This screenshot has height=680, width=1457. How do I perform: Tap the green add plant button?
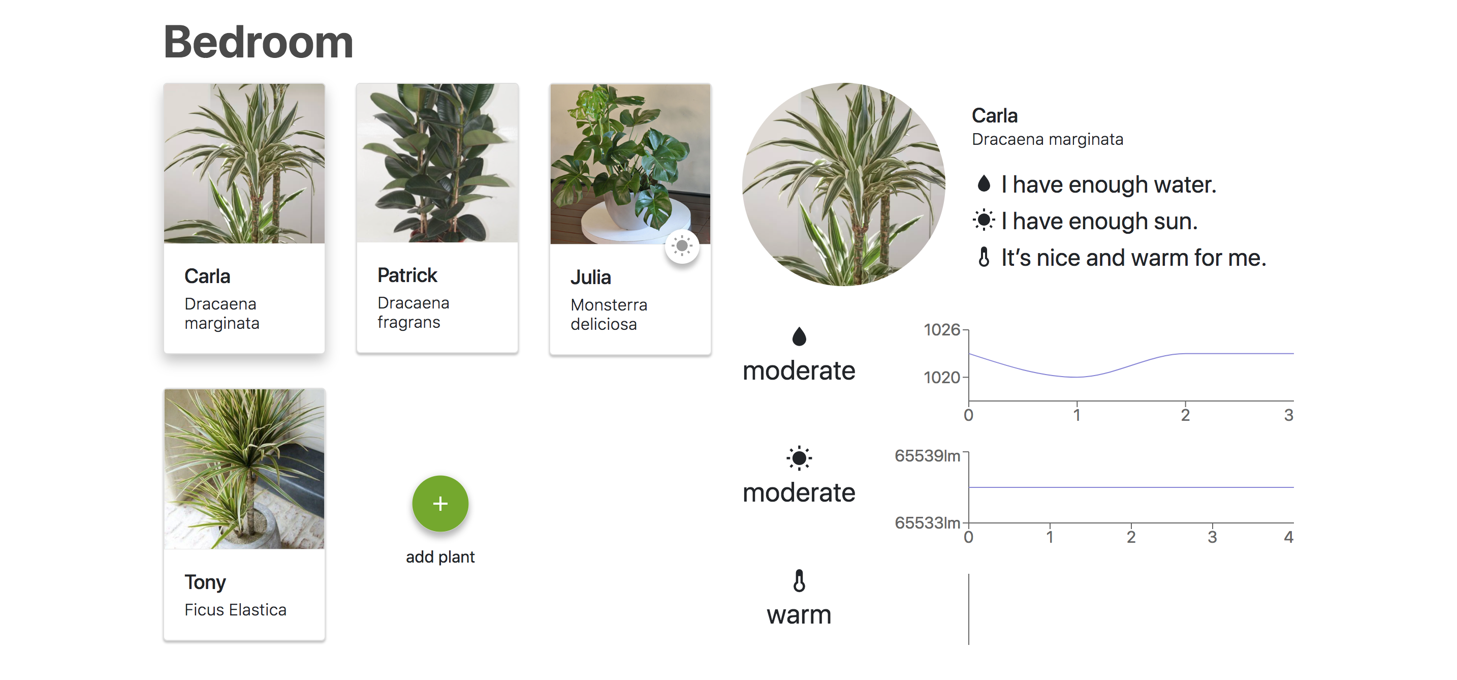coord(440,504)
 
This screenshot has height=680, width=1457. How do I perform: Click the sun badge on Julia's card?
coord(682,246)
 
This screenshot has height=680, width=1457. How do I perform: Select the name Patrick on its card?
coord(407,275)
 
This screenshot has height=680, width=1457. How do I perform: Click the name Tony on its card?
coord(205,581)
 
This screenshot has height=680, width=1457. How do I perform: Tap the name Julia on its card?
coord(590,277)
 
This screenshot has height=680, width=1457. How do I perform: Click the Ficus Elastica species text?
coord(235,610)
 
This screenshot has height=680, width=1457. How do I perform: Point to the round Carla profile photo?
coord(843,184)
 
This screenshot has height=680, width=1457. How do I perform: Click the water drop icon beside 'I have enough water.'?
coord(984,183)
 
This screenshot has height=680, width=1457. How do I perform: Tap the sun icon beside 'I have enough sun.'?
coord(984,220)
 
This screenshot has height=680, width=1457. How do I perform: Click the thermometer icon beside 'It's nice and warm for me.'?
coord(984,257)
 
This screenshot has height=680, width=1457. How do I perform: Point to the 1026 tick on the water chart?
coord(942,329)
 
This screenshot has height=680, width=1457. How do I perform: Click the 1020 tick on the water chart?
coord(942,377)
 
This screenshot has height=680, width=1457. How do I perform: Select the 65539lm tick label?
coord(927,455)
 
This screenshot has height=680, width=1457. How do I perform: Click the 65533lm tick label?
coord(927,523)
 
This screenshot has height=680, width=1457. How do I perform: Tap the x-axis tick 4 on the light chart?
coord(1288,537)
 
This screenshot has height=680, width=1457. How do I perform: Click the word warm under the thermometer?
coord(799,615)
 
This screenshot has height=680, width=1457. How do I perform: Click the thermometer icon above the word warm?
coord(799,581)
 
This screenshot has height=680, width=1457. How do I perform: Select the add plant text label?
coord(440,557)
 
